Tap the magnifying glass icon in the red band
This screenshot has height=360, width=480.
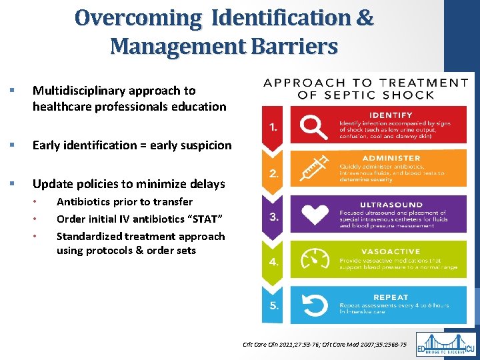[x=313, y=124]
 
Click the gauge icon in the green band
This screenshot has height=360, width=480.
[x=313, y=259]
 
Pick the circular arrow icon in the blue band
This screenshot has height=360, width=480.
[x=313, y=303]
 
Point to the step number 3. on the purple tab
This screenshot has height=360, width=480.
[x=274, y=217]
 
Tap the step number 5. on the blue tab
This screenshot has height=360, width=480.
[x=274, y=307]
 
